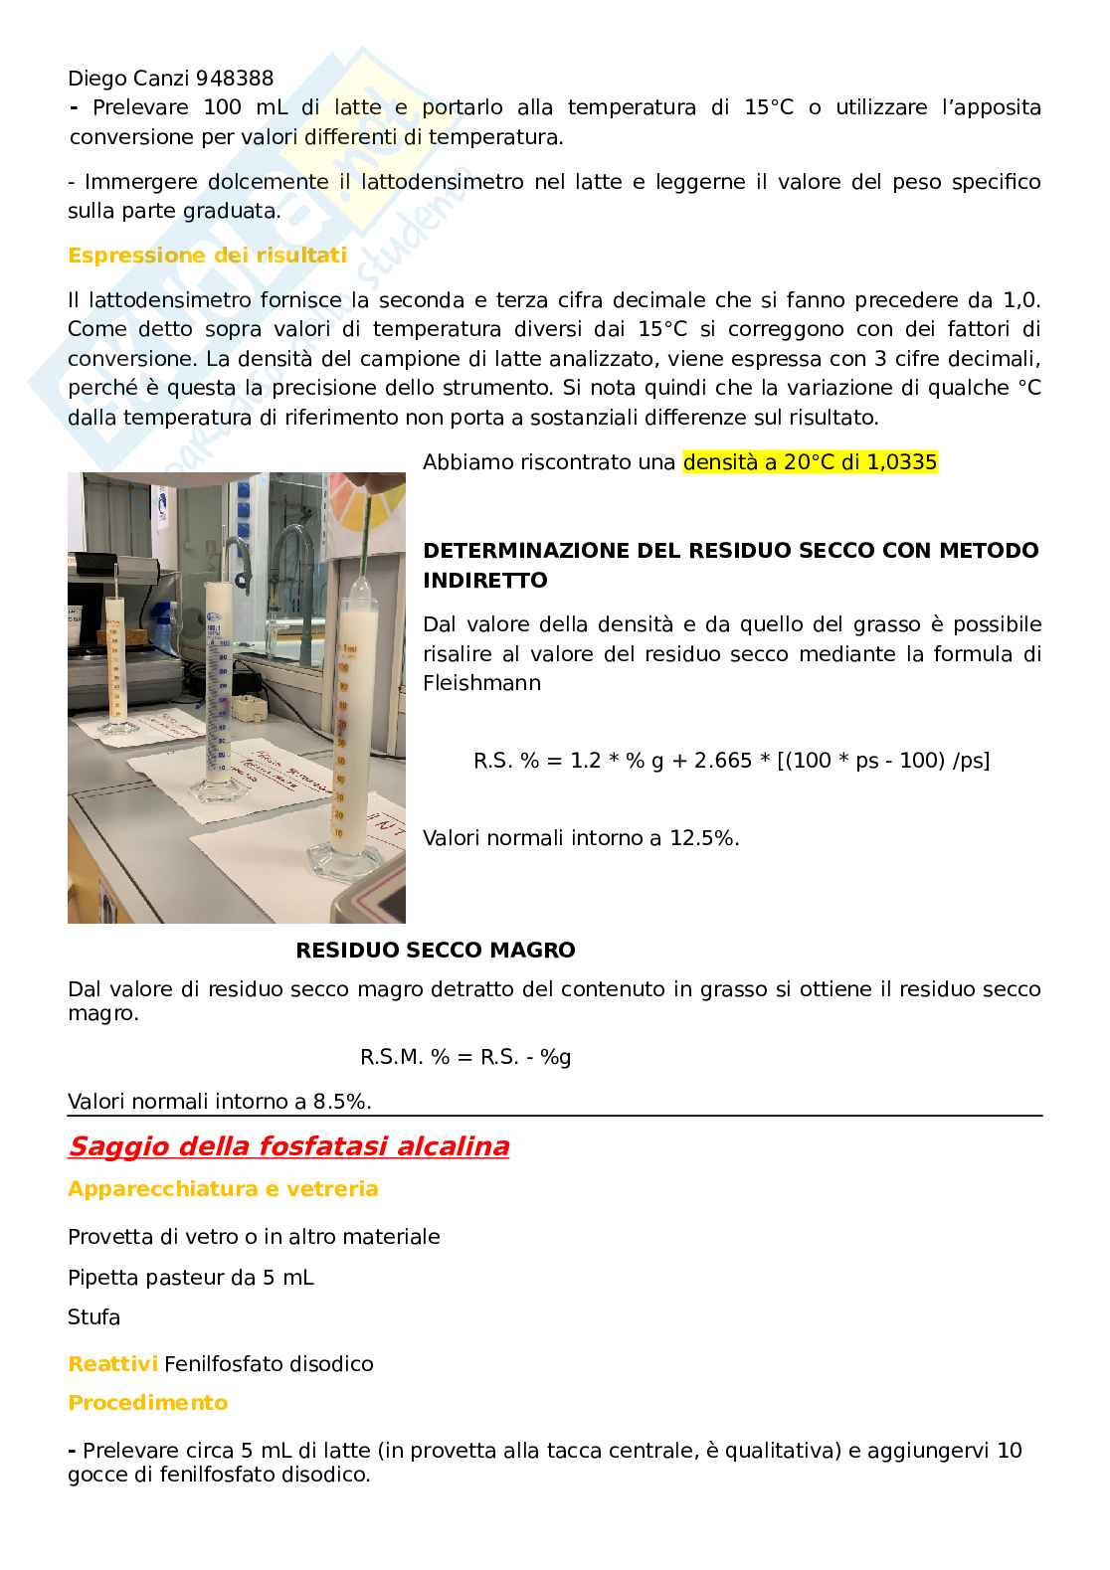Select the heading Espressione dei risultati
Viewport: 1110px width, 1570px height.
coord(207,256)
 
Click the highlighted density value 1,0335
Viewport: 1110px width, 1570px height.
coord(900,462)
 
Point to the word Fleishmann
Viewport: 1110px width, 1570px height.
coord(481,683)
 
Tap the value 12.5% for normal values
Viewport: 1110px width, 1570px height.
coord(704,838)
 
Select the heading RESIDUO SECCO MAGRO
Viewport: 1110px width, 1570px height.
coord(436,951)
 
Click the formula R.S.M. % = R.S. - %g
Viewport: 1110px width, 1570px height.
coord(465,1057)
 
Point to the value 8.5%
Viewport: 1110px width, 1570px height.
coord(342,1102)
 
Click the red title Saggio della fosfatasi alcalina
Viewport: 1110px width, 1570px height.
coord(288,1146)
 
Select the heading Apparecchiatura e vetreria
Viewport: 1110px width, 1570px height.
coord(223,1189)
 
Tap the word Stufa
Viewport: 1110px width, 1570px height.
coord(93,1317)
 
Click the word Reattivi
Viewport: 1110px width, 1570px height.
coord(112,1364)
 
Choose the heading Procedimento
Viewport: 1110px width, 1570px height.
coord(147,1403)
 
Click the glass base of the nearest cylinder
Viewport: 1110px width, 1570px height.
coord(337,861)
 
